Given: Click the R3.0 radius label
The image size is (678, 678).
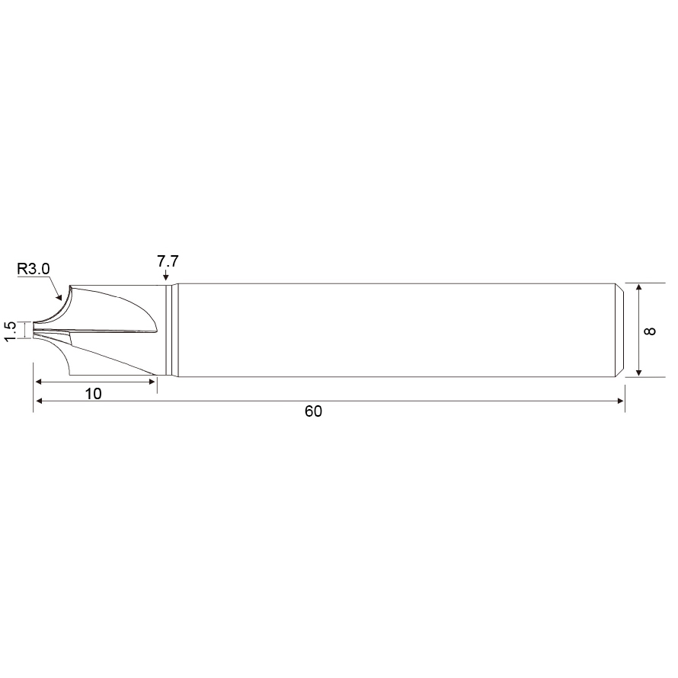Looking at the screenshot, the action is (34, 269).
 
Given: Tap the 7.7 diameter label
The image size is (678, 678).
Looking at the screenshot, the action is (168, 261).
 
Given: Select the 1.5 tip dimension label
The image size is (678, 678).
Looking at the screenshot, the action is (10, 331).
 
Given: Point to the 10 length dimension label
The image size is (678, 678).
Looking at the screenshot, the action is (94, 394).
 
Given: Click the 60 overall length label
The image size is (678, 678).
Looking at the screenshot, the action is (313, 411).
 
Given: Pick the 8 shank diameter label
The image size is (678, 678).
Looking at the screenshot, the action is (650, 331).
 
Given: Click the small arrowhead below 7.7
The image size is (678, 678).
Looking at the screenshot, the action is (166, 277).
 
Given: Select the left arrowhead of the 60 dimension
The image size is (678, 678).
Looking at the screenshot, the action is (39, 401).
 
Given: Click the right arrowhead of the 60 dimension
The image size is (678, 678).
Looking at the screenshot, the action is (621, 401).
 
